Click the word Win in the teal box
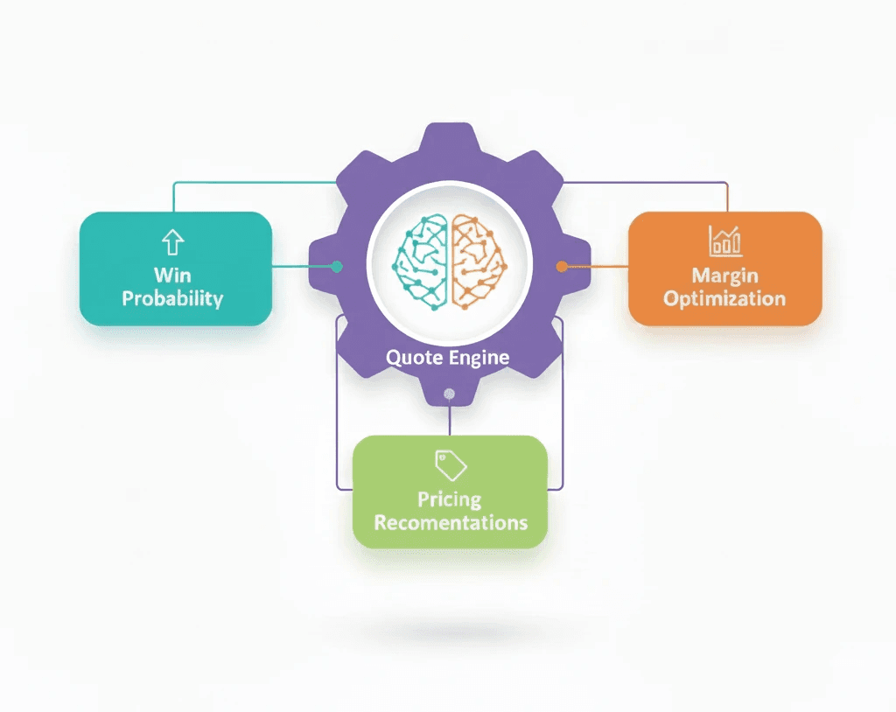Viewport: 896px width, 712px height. point(172,275)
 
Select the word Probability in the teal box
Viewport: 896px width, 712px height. point(172,298)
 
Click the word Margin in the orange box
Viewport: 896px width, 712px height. point(724,276)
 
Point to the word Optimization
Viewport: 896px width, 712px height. point(724,298)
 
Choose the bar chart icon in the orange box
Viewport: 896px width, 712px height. point(724,241)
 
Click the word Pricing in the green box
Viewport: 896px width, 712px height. point(449,499)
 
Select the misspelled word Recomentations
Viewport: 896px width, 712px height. point(451,523)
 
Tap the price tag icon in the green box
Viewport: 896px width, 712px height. point(451,464)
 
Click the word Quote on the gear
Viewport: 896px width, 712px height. point(416,357)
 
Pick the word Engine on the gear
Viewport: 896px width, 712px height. point(479,357)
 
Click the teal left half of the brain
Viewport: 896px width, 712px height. point(423,262)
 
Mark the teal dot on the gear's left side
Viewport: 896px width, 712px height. point(337,266)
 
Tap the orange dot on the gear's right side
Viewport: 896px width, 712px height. point(562,266)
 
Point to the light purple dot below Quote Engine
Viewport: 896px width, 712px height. point(449,394)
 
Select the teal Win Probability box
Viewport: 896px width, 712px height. point(175,269)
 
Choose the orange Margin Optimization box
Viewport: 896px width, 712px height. point(724,269)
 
